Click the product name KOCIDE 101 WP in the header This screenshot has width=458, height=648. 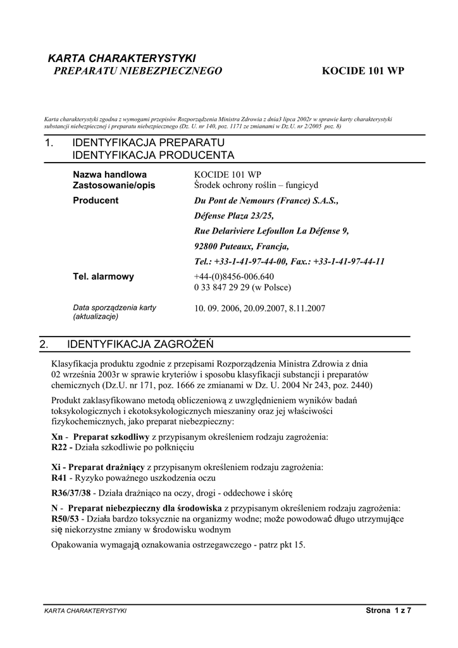tap(362, 71)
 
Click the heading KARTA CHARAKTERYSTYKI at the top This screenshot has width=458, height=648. tap(122, 58)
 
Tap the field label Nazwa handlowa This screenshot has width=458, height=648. tap(109, 174)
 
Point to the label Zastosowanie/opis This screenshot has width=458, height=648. tap(114, 185)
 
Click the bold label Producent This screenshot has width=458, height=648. tap(96, 201)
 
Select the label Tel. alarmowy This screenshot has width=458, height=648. tap(104, 277)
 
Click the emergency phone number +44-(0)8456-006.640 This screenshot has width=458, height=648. tap(233, 277)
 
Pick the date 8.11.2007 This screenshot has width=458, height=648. tap(307, 309)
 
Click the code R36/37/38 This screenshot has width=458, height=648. tap(71, 493)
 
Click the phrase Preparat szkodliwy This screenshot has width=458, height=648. tap(111, 437)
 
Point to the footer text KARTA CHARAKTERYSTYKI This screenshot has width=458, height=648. tap(85, 611)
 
